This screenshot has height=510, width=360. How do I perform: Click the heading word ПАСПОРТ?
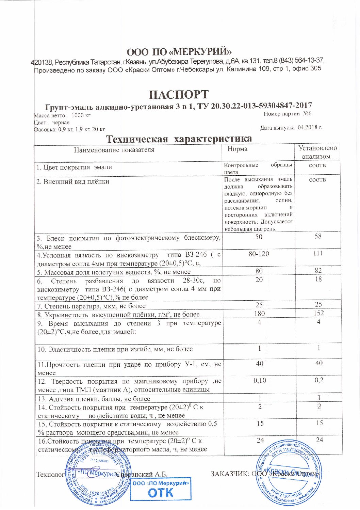tap(179, 94)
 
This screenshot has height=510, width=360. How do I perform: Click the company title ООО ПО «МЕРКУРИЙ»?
tap(179, 52)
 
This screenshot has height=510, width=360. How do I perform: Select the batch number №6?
tap(307, 114)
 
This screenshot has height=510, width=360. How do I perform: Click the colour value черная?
tap(61, 122)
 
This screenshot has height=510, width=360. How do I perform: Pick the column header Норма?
tap(238, 149)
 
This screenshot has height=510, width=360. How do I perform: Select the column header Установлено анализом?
tap(317, 152)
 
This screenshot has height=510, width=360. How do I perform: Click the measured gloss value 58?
tap(318, 236)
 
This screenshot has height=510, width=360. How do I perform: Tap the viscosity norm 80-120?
tap(259, 254)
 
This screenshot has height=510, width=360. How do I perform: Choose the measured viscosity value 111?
tap(318, 253)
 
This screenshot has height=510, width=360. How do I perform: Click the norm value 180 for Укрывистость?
tap(259, 313)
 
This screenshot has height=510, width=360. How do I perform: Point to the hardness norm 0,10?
tap(260, 380)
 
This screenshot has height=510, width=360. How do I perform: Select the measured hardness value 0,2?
tap(319, 380)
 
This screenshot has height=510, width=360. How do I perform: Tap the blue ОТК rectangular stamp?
tap(161, 489)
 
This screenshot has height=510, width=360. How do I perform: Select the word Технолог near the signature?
tap(50, 474)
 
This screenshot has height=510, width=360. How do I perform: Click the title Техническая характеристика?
tap(179, 139)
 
